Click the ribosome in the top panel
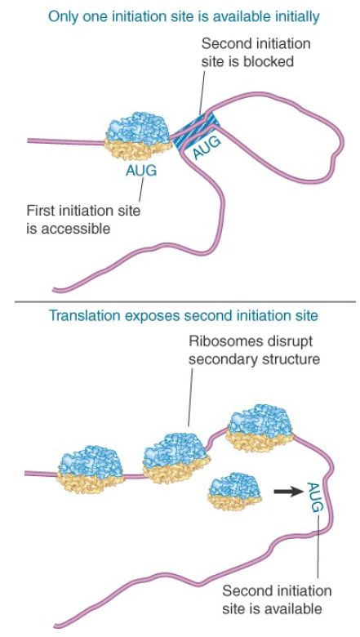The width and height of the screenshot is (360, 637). coord(139,136)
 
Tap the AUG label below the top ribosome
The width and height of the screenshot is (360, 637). coord(141,171)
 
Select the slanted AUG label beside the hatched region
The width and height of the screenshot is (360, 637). coord(207,147)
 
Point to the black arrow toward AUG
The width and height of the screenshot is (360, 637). coord(288,492)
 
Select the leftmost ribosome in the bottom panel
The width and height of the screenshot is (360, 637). coord(91,469)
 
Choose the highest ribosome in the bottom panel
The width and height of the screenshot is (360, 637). coord(260,428)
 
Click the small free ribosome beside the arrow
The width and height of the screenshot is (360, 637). coord(235,491)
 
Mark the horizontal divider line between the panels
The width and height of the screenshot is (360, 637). coord(185,302)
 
